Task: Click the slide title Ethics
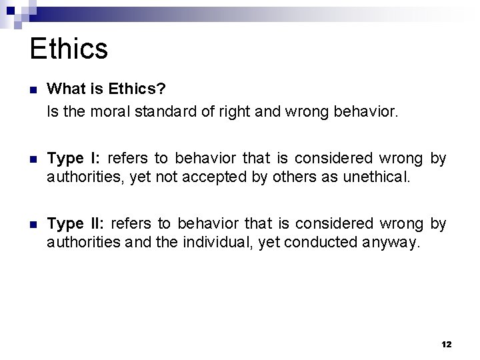click(69, 49)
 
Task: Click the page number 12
click(447, 344)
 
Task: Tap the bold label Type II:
click(76, 223)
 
